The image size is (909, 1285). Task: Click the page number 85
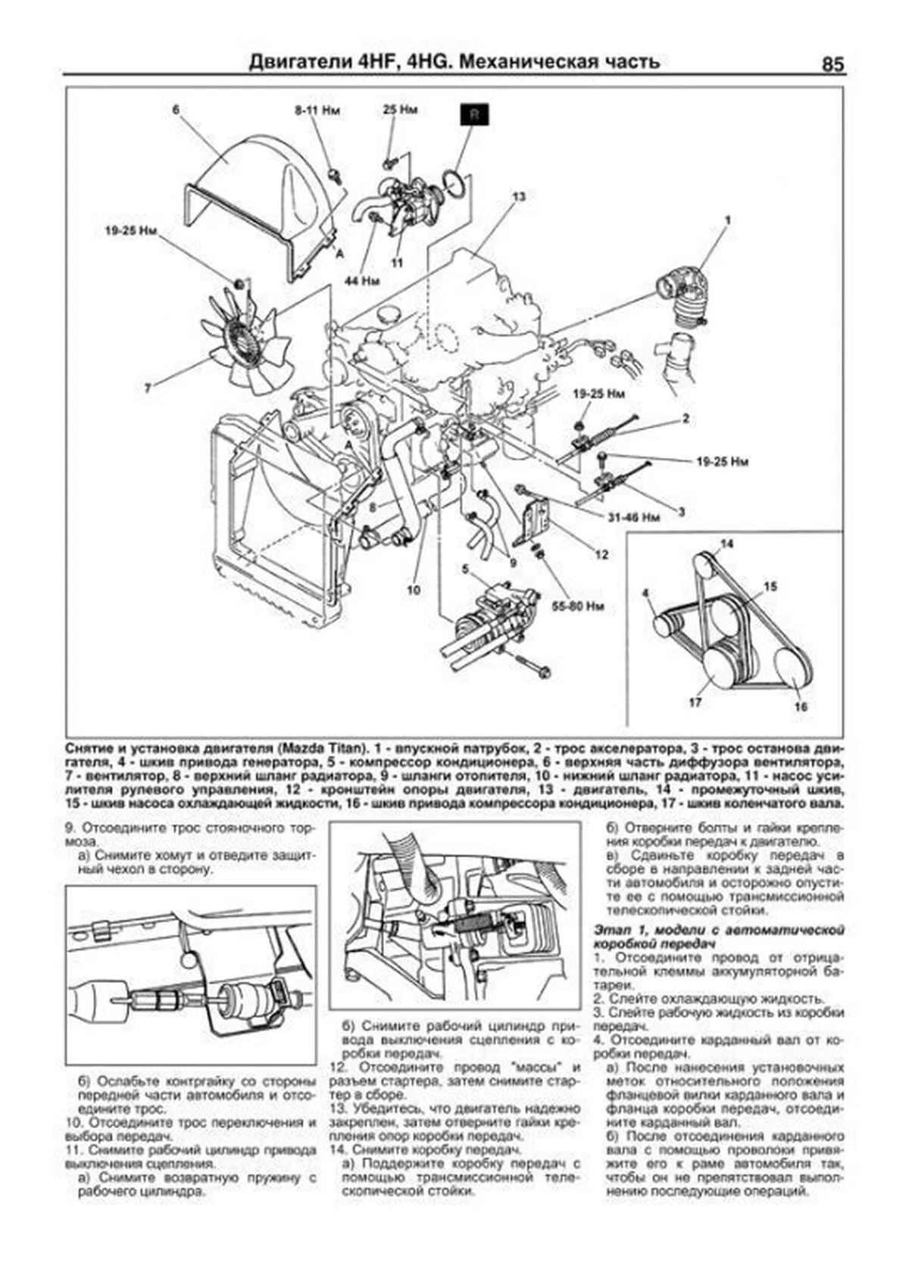coord(832,65)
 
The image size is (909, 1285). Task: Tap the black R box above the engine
coord(475,114)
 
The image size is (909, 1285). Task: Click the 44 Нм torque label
coord(361,280)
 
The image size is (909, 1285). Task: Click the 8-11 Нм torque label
coord(317,111)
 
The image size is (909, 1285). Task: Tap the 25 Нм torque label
coord(400,110)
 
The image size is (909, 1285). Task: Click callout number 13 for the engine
coord(518,197)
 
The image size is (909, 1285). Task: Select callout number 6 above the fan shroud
coord(176,110)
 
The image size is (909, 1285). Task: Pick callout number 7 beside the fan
coord(148,388)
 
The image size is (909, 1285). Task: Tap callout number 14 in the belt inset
coord(726,544)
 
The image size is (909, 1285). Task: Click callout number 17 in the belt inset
coord(695,703)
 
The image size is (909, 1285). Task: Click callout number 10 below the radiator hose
coord(413,590)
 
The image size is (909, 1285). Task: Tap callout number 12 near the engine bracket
coord(601,554)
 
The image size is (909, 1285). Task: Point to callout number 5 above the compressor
coord(466,568)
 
